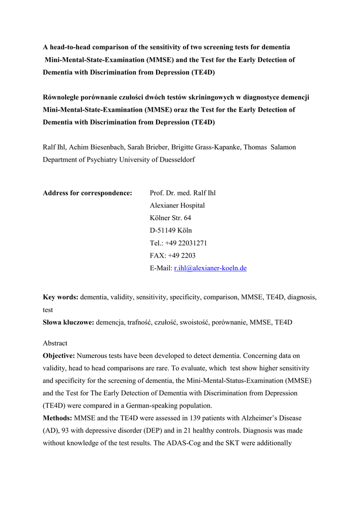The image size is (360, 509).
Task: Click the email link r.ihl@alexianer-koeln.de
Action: (x=210, y=268)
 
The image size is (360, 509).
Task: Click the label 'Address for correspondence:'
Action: (x=88, y=193)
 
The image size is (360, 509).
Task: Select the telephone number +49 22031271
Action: (x=186, y=243)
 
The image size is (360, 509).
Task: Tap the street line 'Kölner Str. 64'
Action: (x=170, y=218)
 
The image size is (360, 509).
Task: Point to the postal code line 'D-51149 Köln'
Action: (x=171, y=231)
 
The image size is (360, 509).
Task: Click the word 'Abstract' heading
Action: (x=55, y=343)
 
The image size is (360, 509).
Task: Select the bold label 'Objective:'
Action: (x=59, y=356)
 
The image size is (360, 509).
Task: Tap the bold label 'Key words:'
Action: (x=61, y=297)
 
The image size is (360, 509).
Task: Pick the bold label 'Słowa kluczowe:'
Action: (x=69, y=322)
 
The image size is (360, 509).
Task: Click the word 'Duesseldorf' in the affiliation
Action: (x=177, y=160)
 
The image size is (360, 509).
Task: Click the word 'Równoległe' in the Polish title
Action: (x=61, y=97)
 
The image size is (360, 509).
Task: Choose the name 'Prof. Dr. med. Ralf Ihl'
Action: (x=182, y=193)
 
